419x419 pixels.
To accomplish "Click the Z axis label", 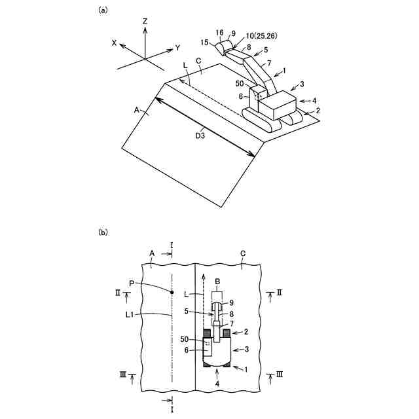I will point(145,21).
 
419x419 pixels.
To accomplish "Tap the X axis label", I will point(115,43).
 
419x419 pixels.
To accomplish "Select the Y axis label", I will point(177,48).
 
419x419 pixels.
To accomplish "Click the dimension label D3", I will point(203,136).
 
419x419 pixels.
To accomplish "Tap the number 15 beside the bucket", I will point(204,43).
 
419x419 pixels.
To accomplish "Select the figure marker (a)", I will point(103,10).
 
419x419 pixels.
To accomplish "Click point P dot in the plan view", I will point(172,292).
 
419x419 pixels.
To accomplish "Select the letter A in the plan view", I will point(151,253).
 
